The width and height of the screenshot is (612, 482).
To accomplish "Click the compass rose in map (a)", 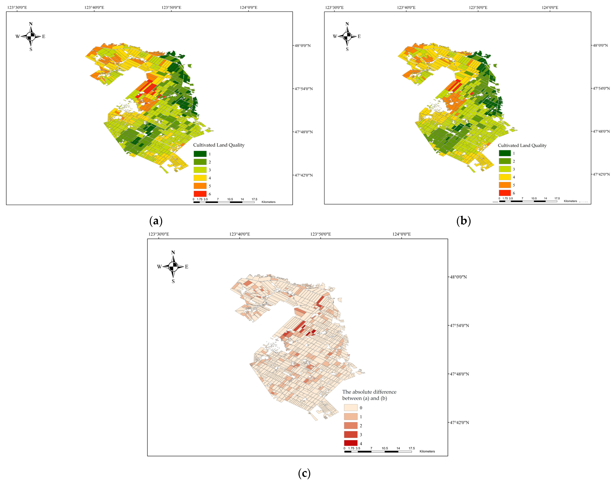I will [31, 36].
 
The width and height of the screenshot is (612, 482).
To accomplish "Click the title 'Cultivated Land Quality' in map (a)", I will [219, 145].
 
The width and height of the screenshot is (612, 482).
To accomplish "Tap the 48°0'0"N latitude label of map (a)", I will [303, 45].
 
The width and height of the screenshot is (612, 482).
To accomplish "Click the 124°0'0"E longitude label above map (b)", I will [550, 7].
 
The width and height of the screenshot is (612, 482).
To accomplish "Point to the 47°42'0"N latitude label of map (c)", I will [459, 422].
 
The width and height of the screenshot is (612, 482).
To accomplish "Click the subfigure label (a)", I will [156, 221].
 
